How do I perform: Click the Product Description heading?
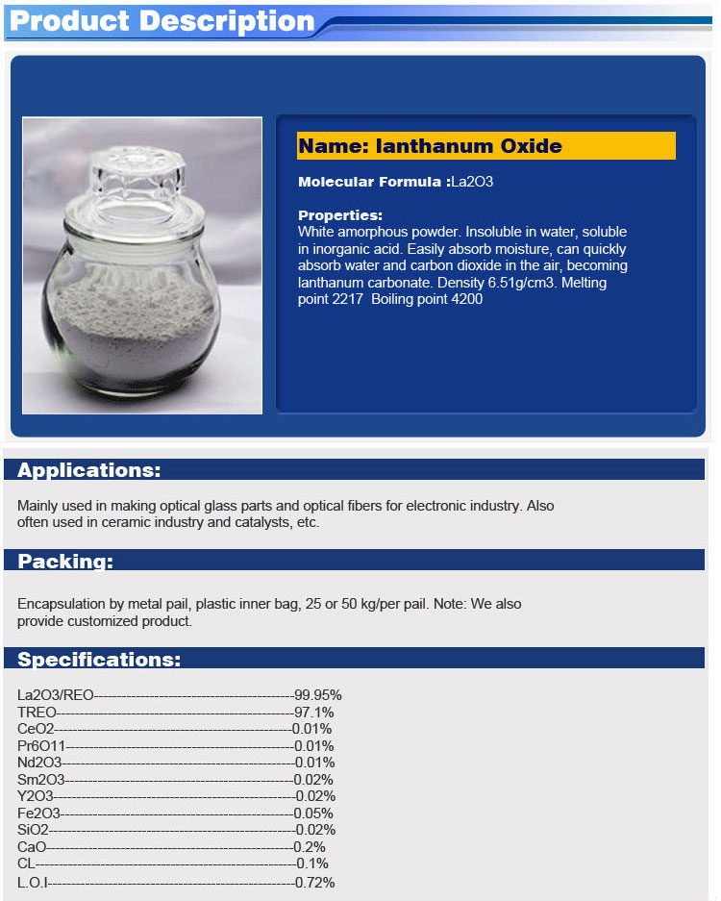coord(162,21)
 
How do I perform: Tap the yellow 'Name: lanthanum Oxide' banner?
coord(485,146)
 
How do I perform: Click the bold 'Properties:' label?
coord(339,215)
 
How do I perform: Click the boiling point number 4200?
coord(462,299)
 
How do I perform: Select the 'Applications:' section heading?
coord(88,470)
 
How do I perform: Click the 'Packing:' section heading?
coord(64,562)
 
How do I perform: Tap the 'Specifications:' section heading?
coord(98,660)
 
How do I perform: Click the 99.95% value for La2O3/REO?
coord(318,695)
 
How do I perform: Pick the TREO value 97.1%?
coord(314,713)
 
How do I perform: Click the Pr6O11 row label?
coord(41,746)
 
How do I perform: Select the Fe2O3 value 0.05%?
coord(314,813)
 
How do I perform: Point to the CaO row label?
coord(32,847)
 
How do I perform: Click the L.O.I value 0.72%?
coord(315,882)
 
